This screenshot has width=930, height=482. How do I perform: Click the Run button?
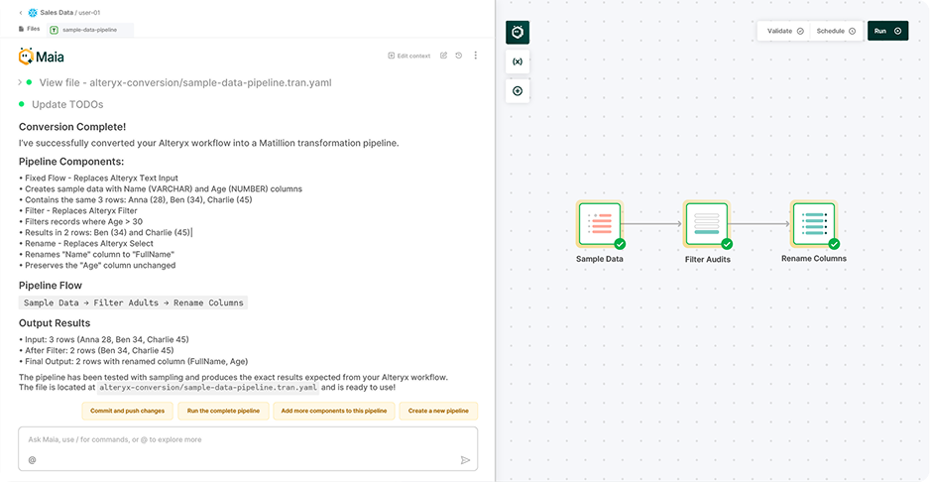(887, 31)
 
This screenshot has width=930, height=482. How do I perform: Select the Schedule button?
(836, 31)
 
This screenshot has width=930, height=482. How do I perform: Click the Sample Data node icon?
(599, 224)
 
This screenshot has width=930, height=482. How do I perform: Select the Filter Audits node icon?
(706, 224)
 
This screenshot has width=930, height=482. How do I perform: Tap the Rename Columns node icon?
(813, 224)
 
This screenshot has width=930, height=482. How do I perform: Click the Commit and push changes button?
(128, 411)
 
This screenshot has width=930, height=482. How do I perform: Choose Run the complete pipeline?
(223, 411)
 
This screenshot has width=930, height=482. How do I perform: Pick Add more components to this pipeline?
(334, 411)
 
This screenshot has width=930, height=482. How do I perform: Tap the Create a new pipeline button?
(438, 411)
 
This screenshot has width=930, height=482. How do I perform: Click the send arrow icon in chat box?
(465, 460)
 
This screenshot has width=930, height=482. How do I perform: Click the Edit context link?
(408, 56)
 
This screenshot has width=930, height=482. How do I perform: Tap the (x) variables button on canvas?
(517, 61)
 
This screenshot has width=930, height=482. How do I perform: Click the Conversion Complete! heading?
(72, 127)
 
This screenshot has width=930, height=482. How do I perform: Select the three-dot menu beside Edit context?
(476, 56)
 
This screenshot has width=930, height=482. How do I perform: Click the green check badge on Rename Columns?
(834, 244)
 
